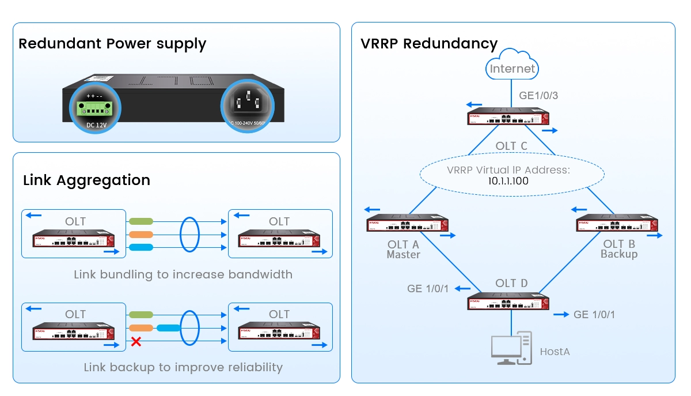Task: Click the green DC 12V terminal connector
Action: pos(94,108)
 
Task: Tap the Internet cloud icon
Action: pos(512,66)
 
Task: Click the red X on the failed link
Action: pos(136,342)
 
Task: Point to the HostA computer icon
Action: pos(511,349)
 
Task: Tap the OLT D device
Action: pos(508,303)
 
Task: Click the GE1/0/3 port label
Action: pos(538,96)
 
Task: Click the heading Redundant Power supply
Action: pos(112,44)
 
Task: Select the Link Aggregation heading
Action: pos(86,180)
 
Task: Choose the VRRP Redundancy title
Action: pos(429,44)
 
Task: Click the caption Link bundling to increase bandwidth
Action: pos(183,274)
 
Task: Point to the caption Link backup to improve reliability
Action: pos(183,367)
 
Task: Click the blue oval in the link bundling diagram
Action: pos(189,234)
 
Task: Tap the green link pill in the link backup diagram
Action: pos(141,315)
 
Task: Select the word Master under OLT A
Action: pos(403,255)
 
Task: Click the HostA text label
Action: pos(555,351)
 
